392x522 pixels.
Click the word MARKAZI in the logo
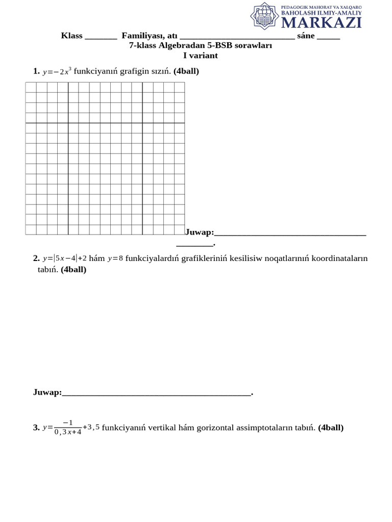click(x=322, y=22)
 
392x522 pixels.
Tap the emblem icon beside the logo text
click(x=264, y=16)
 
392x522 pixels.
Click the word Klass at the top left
click(x=72, y=36)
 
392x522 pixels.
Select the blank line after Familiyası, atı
click(x=237, y=37)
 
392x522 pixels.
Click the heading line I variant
click(x=201, y=56)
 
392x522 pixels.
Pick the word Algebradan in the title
click(x=183, y=45)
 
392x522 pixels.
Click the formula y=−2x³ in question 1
click(x=57, y=71)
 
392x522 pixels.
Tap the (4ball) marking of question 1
click(x=186, y=71)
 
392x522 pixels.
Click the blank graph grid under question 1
click(x=105, y=158)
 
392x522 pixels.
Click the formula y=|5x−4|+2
click(x=65, y=258)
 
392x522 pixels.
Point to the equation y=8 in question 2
click(x=115, y=258)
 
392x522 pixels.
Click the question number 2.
click(x=36, y=258)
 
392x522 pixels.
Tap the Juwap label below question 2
click(x=47, y=393)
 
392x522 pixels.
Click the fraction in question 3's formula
click(x=67, y=428)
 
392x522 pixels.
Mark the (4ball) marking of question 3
click(x=331, y=428)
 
